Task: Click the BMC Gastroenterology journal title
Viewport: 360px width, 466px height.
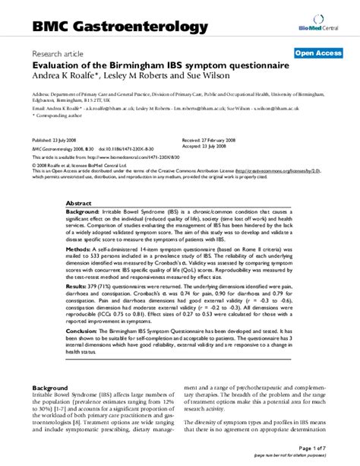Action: [119, 27]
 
